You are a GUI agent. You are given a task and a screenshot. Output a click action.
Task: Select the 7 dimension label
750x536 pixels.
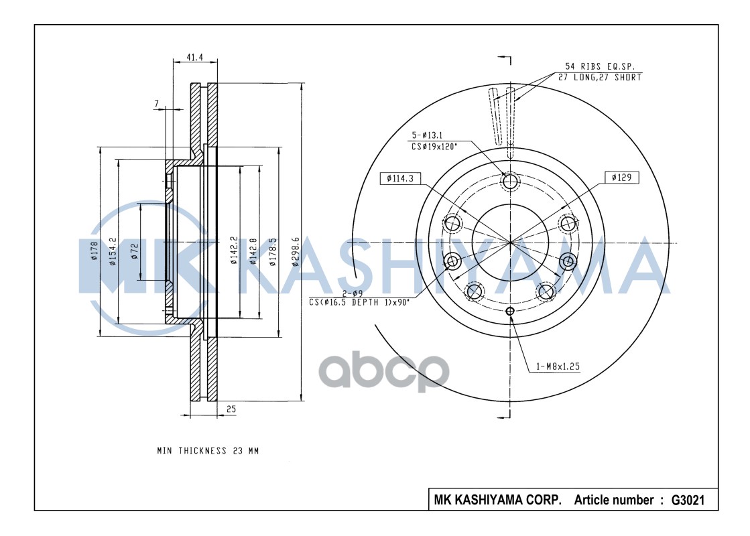click(157, 103)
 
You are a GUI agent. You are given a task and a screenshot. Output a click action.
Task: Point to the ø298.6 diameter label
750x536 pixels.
click(295, 252)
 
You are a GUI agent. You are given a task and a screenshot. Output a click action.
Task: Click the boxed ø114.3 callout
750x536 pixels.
click(399, 178)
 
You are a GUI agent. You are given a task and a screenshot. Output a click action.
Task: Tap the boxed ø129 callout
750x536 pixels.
click(621, 178)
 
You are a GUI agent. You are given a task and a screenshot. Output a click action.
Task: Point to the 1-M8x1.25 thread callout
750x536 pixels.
click(558, 366)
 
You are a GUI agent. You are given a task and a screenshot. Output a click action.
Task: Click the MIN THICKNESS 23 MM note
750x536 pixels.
click(208, 451)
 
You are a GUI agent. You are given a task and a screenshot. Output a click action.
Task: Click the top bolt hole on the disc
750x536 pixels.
click(510, 182)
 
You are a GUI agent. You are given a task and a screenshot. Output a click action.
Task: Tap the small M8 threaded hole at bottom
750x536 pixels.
click(510, 310)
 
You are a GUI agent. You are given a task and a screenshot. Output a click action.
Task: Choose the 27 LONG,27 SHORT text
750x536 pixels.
click(600, 77)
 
